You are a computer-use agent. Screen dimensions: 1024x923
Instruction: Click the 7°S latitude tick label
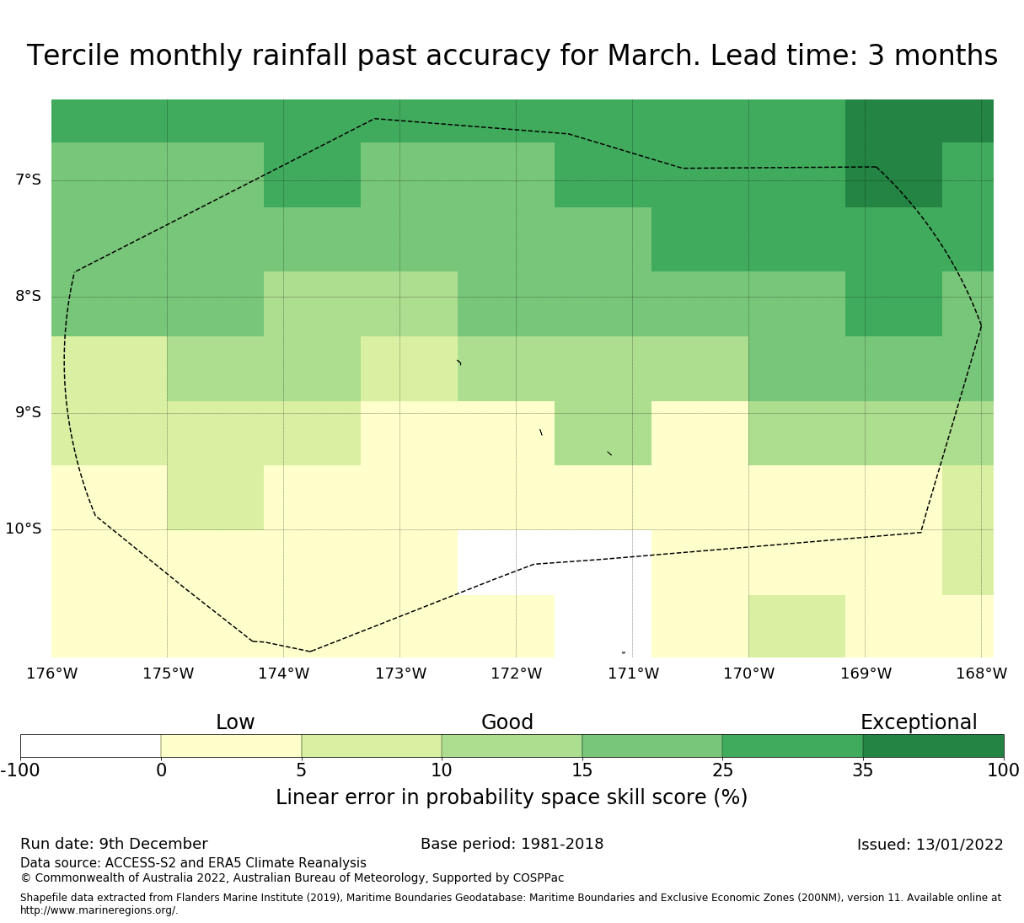tap(28, 180)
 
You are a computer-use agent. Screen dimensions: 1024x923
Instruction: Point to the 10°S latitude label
tap(23, 529)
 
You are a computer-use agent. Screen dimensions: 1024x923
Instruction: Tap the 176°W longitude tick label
tap(51, 673)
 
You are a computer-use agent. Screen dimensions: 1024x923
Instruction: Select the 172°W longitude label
tap(516, 673)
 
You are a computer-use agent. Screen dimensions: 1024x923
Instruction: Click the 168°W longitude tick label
tap(981, 673)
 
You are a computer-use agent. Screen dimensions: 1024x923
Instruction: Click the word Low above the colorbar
tap(235, 722)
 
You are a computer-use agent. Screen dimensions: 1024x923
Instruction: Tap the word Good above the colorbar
tap(507, 722)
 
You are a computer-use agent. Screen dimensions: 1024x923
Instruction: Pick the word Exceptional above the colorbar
tap(919, 722)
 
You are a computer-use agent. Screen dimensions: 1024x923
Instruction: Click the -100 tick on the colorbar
tap(20, 770)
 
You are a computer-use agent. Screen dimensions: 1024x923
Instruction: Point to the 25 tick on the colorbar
tap(722, 770)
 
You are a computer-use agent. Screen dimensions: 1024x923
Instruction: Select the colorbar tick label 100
tap(1003, 770)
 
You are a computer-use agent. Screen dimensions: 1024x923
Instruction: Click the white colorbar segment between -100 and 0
tap(91, 746)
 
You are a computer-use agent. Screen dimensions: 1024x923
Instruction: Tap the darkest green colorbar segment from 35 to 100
tap(933, 746)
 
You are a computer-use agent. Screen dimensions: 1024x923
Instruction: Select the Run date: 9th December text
tap(114, 844)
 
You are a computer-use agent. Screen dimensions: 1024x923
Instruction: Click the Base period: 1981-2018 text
tap(512, 844)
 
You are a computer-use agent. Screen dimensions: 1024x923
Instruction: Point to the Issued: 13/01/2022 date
tap(930, 845)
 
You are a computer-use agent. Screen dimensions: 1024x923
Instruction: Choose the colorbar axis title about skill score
tap(512, 797)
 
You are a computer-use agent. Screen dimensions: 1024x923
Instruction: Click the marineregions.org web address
tap(99, 910)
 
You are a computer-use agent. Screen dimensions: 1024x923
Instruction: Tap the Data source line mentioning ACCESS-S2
tap(194, 863)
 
